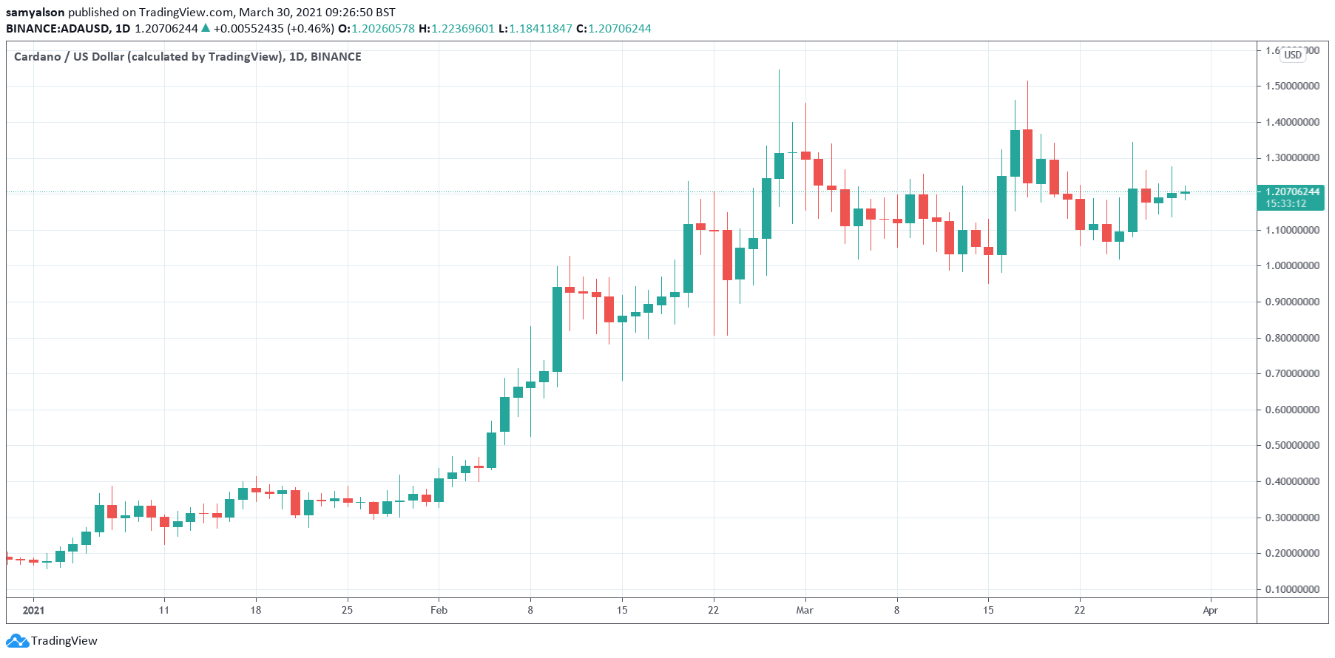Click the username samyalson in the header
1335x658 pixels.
pyautogui.click(x=35, y=13)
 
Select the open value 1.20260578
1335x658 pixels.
pyautogui.click(x=382, y=29)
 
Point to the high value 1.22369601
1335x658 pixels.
pyautogui.click(x=462, y=29)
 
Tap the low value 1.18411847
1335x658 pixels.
pyautogui.click(x=540, y=29)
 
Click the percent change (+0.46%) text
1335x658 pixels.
pyautogui.click(x=311, y=29)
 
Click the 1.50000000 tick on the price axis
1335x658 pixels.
pyautogui.click(x=1291, y=86)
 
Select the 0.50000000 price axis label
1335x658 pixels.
pyautogui.click(x=1291, y=446)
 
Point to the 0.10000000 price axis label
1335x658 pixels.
pyautogui.click(x=1291, y=589)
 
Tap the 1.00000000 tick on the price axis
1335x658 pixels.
pyautogui.click(x=1291, y=265)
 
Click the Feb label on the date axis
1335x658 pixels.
pyautogui.click(x=439, y=610)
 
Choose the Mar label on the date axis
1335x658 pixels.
pyautogui.click(x=805, y=610)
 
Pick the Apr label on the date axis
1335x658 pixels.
pyautogui.click(x=1210, y=610)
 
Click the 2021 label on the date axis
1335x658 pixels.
pyautogui.click(x=33, y=610)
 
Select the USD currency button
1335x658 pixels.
pyautogui.click(x=1293, y=55)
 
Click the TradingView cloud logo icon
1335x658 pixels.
pyautogui.click(x=17, y=641)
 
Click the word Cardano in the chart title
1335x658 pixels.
pyautogui.click(x=37, y=57)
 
